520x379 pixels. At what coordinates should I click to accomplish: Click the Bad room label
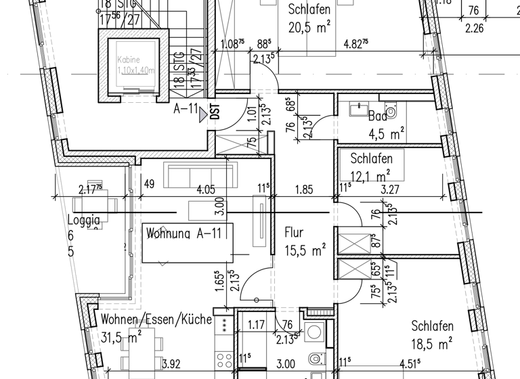coord(378,116)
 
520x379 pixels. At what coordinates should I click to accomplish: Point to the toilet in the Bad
coord(391,111)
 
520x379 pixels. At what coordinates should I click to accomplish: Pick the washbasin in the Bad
coord(356,108)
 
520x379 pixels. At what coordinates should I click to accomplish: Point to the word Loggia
coord(84,220)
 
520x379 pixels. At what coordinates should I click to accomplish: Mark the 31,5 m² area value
coord(121,336)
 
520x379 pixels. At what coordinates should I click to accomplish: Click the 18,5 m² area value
coord(431,344)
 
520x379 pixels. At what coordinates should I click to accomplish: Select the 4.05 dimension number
coord(206,189)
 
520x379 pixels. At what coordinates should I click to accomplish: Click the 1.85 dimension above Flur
coord(303,189)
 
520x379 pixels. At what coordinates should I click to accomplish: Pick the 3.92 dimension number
coord(172,364)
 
